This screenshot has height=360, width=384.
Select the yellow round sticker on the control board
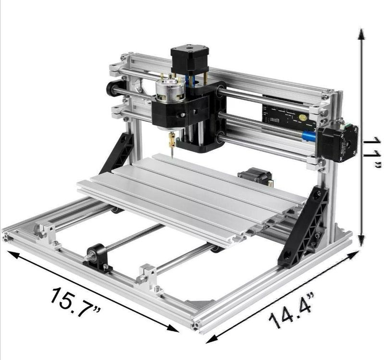pyautogui.click(x=302, y=117)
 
